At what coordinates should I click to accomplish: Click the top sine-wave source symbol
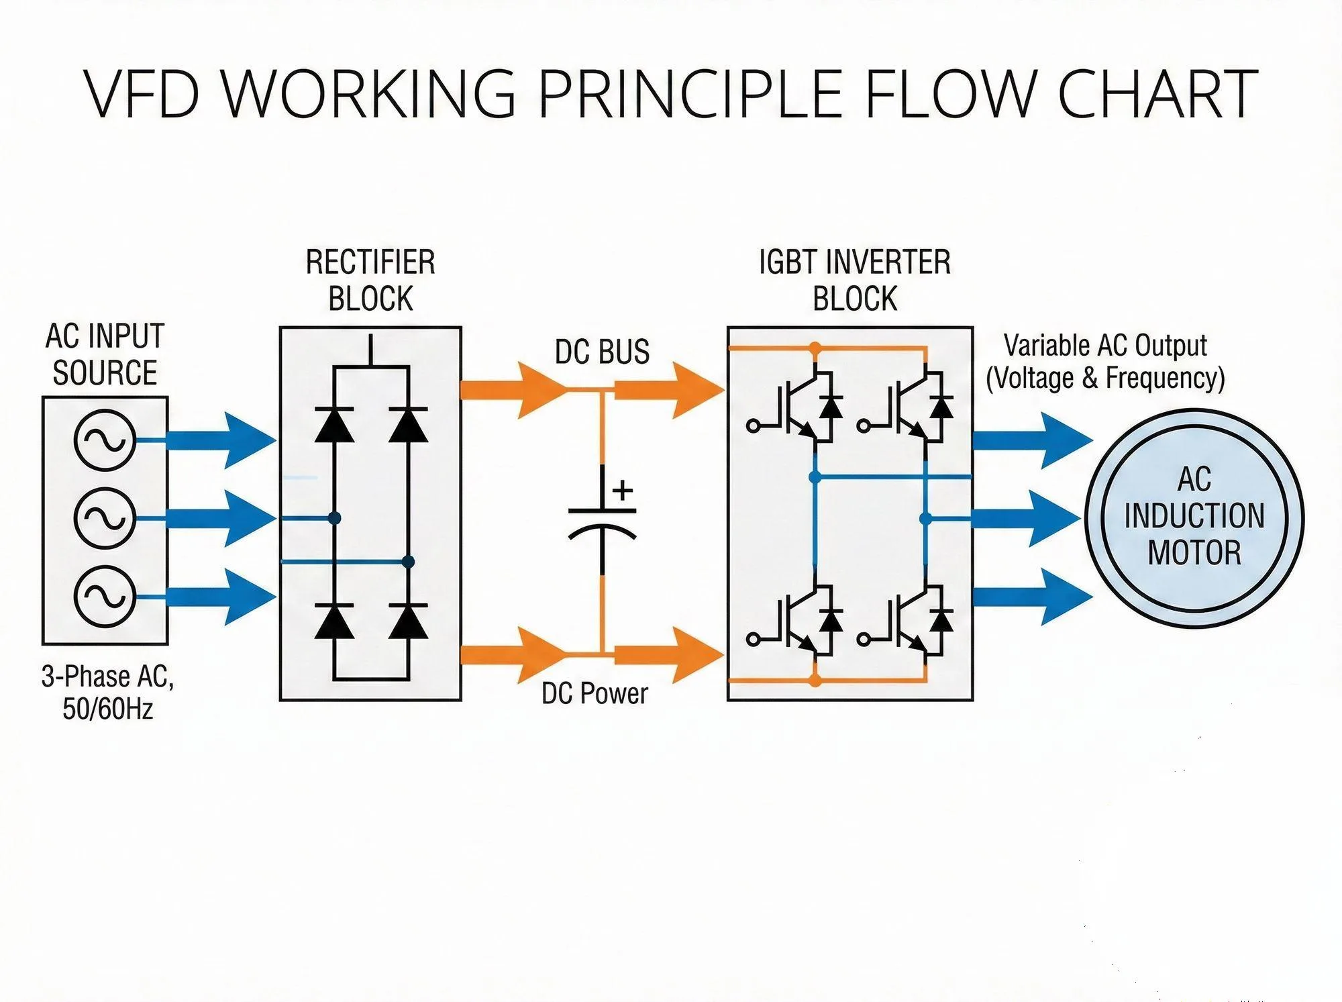pyautogui.click(x=105, y=440)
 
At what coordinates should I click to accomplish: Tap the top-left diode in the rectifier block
pyautogui.click(x=334, y=424)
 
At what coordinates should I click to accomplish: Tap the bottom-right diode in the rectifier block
pyautogui.click(x=408, y=621)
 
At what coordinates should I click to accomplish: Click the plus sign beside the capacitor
pyautogui.click(x=623, y=490)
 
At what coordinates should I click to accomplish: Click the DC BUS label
pyautogui.click(x=602, y=352)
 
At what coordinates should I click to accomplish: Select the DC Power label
pyautogui.click(x=595, y=693)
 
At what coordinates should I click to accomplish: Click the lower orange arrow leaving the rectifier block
pyautogui.click(x=513, y=654)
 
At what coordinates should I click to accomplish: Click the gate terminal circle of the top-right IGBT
pyautogui.click(x=864, y=425)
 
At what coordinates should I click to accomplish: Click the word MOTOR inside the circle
pyautogui.click(x=1194, y=552)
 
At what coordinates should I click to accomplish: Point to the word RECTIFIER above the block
pyautogui.click(x=370, y=262)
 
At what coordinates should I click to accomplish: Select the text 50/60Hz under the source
pyautogui.click(x=107, y=709)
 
